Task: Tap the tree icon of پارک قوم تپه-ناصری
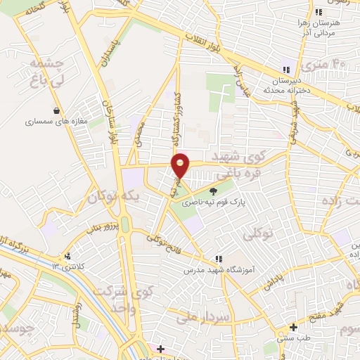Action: click(214, 190)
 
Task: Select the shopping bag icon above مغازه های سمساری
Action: click(56, 110)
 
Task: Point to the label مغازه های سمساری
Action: click(56, 122)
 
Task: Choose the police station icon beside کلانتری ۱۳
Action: click(67, 256)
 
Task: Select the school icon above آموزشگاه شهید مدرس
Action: click(218, 259)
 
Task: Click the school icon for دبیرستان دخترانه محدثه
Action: click(286, 70)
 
